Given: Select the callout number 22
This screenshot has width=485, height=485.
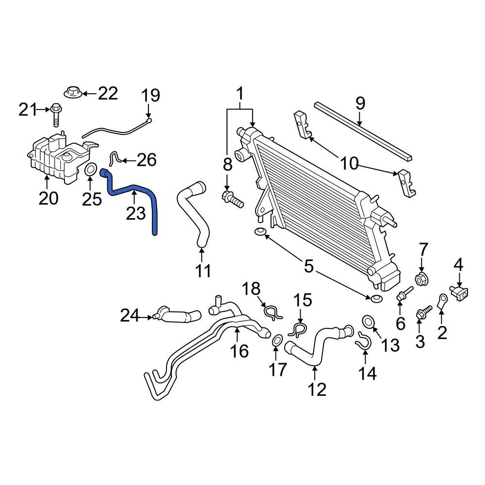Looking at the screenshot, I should [108, 93].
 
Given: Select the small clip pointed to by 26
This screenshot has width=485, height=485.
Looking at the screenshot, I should [114, 158].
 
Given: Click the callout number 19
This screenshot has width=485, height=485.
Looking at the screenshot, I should [151, 95].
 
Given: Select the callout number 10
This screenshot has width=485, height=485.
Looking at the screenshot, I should [348, 164].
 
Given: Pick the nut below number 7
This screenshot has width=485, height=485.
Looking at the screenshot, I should [421, 279].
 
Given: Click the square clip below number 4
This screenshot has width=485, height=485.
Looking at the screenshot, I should [460, 292].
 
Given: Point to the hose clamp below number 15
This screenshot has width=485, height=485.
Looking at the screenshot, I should [296, 330].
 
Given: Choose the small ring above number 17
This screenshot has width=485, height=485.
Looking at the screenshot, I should [276, 341].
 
